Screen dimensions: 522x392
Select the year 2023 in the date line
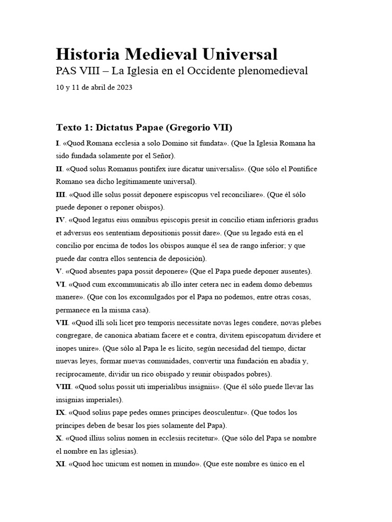124,88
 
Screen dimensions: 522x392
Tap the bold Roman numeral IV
61,220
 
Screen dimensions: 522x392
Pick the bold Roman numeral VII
62,323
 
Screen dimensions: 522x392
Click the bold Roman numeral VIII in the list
63,387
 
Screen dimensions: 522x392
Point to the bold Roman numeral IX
60,412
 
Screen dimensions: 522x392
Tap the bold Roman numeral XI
60,464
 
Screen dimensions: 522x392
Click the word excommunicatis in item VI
127,284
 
